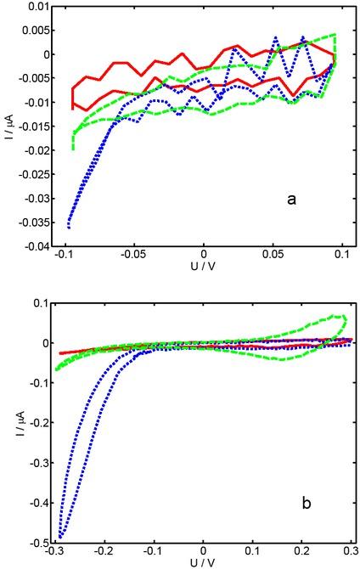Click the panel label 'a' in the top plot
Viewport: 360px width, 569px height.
pos(291,200)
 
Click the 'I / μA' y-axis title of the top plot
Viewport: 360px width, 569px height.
pos(9,127)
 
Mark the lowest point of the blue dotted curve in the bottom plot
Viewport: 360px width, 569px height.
pos(61,537)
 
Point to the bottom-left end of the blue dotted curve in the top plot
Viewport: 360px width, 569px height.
pos(69,228)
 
